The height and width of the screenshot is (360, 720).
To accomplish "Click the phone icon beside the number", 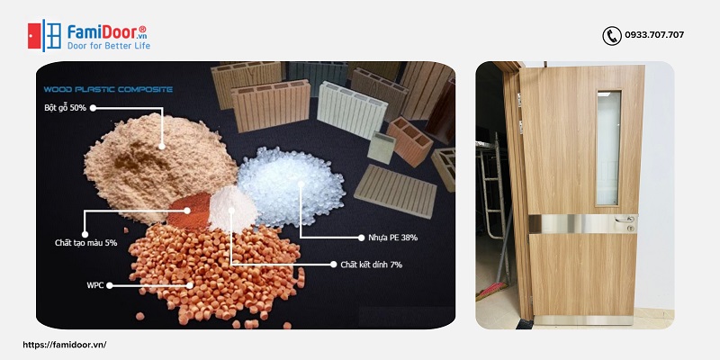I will [612, 36].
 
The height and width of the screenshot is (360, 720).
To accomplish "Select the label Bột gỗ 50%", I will [65, 107].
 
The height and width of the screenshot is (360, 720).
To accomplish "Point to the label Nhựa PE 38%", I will [392, 237].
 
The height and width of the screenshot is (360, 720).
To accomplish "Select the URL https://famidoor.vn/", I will [64, 345].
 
